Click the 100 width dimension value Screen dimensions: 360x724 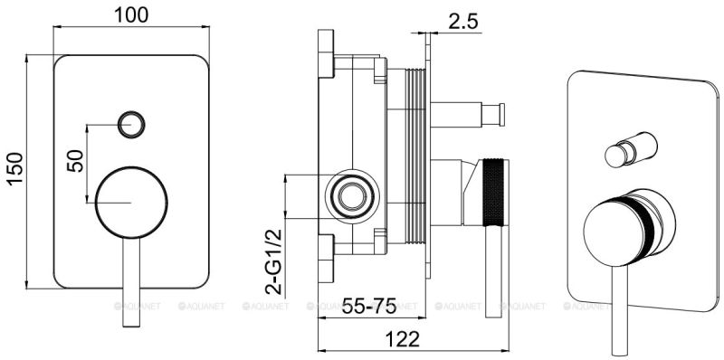[x=133, y=15]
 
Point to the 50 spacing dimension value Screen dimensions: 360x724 [x=76, y=159]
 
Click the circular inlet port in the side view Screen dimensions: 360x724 [x=349, y=194]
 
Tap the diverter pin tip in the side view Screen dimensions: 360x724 [x=494, y=114]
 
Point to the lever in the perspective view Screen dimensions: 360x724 [x=621, y=298]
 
